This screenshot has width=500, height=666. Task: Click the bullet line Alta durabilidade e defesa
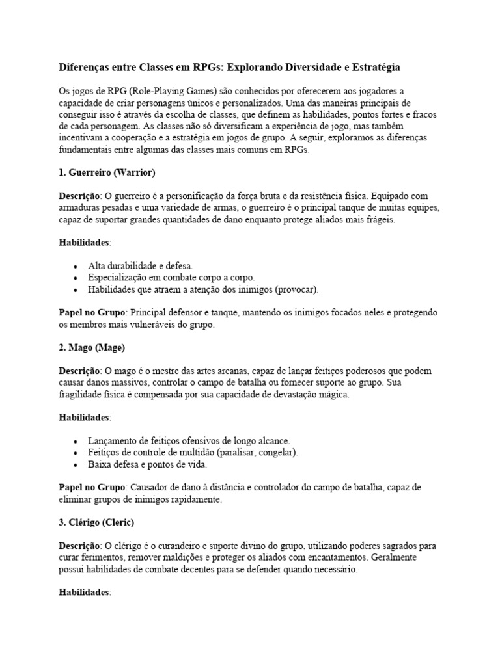pos(141,266)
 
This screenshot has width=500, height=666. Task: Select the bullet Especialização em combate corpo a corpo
pos(167,278)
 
